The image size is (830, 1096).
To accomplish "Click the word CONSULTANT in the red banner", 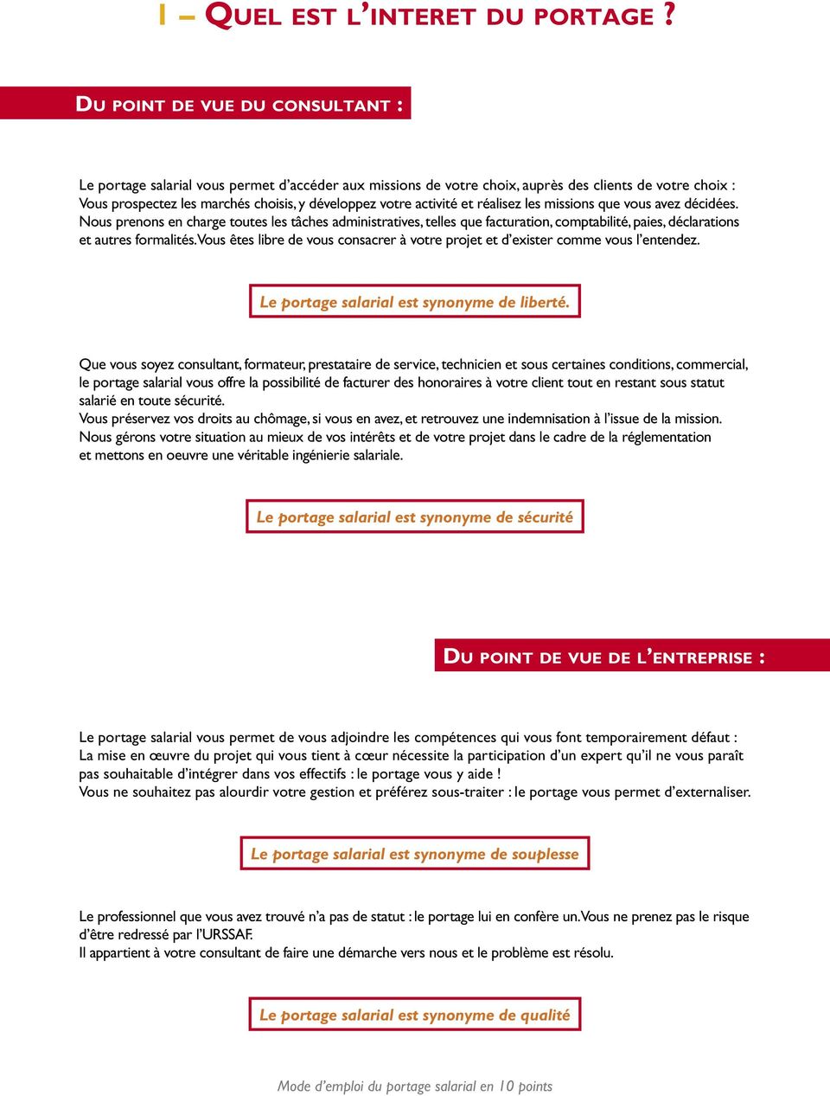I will (331, 106).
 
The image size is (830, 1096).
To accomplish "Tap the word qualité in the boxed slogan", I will (545, 1015).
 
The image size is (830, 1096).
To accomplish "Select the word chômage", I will (281, 419).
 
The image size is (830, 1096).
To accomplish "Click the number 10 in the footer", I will (506, 1086).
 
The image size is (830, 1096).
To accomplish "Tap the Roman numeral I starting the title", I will (162, 16).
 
